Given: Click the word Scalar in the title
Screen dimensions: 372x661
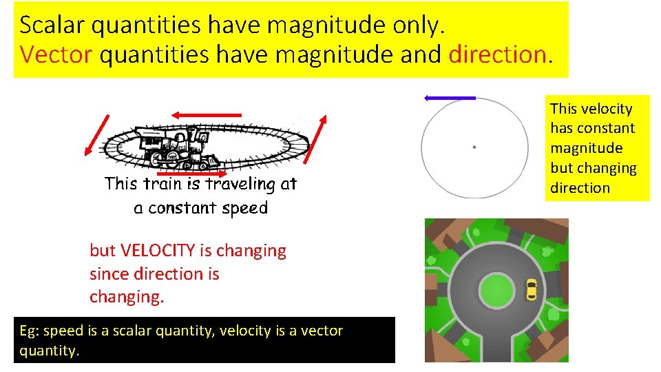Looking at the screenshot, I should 51,25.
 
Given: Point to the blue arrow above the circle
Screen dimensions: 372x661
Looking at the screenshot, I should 449,99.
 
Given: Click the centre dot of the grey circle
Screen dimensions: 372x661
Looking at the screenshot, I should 474,147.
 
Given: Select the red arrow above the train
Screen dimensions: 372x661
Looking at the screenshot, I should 207,114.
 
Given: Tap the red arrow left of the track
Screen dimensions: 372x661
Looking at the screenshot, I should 96,135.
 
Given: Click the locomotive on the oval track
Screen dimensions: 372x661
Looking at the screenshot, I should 172,146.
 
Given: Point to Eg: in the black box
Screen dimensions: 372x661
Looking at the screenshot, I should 28,331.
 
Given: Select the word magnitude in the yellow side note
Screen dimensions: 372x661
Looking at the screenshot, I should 586,148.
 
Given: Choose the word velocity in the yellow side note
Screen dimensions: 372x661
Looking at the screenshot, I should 606,108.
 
